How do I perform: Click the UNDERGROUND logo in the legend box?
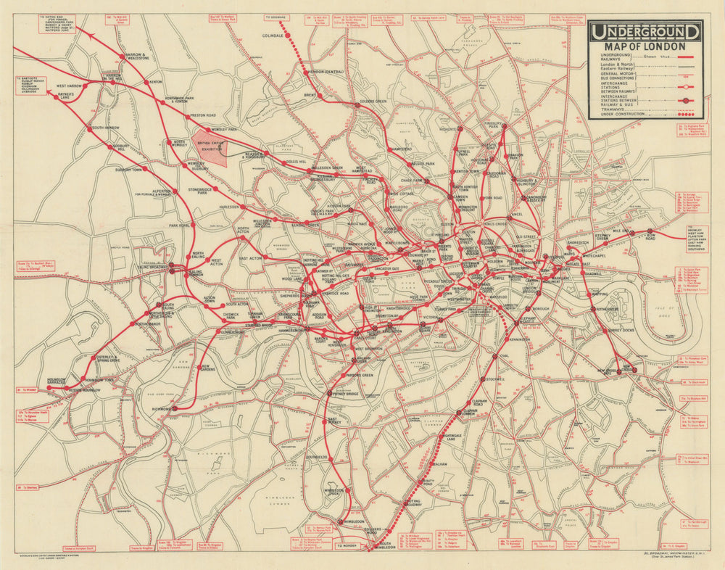pyautogui.click(x=645, y=32)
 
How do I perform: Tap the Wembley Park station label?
pyautogui.click(x=224, y=130)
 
